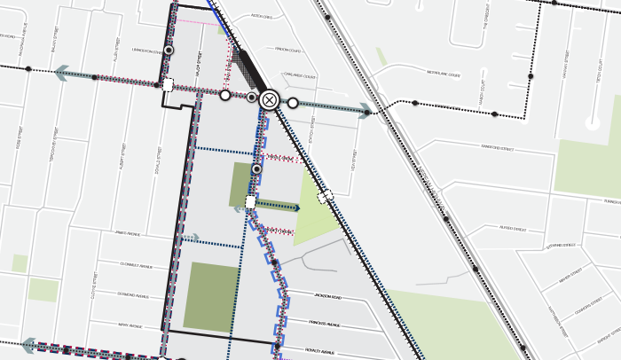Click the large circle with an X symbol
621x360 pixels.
(270, 100)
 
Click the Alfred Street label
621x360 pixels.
(513, 230)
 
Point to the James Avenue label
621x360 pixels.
(128, 234)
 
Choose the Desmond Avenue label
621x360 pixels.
(134, 294)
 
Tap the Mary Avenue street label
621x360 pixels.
(130, 325)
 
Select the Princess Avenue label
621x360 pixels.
(324, 324)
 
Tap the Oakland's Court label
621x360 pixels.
(300, 76)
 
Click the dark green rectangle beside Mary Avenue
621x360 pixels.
(211, 297)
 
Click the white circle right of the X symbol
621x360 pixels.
(293, 103)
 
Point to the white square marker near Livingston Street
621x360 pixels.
(168, 85)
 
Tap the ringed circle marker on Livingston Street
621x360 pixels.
(168, 51)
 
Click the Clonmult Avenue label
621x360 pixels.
(132, 264)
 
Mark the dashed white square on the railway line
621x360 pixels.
(326, 195)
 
